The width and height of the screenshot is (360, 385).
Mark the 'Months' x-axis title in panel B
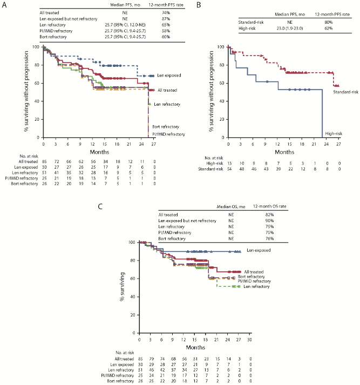tap(271, 152)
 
